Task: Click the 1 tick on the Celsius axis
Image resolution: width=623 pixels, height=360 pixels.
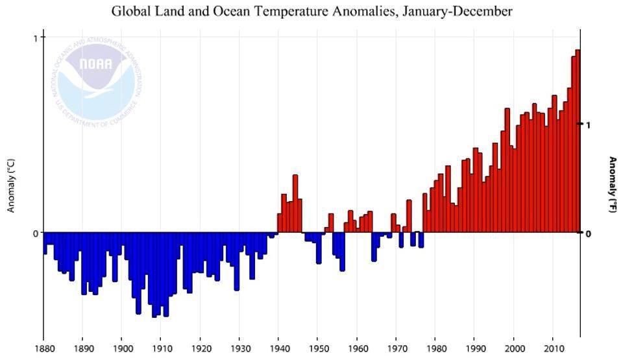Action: point(35,38)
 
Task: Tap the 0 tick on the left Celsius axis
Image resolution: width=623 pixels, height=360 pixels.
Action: point(35,233)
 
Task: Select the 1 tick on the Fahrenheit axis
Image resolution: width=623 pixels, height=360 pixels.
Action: point(587,124)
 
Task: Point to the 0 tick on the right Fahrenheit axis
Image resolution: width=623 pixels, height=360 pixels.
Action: point(587,233)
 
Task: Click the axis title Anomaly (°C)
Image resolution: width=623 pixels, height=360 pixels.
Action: point(11,186)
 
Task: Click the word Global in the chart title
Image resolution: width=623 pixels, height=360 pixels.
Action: point(127,11)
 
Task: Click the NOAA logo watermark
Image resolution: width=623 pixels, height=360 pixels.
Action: point(96,76)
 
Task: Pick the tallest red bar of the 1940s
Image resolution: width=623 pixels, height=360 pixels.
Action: point(295,204)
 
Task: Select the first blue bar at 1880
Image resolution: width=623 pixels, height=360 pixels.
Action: point(45,243)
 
